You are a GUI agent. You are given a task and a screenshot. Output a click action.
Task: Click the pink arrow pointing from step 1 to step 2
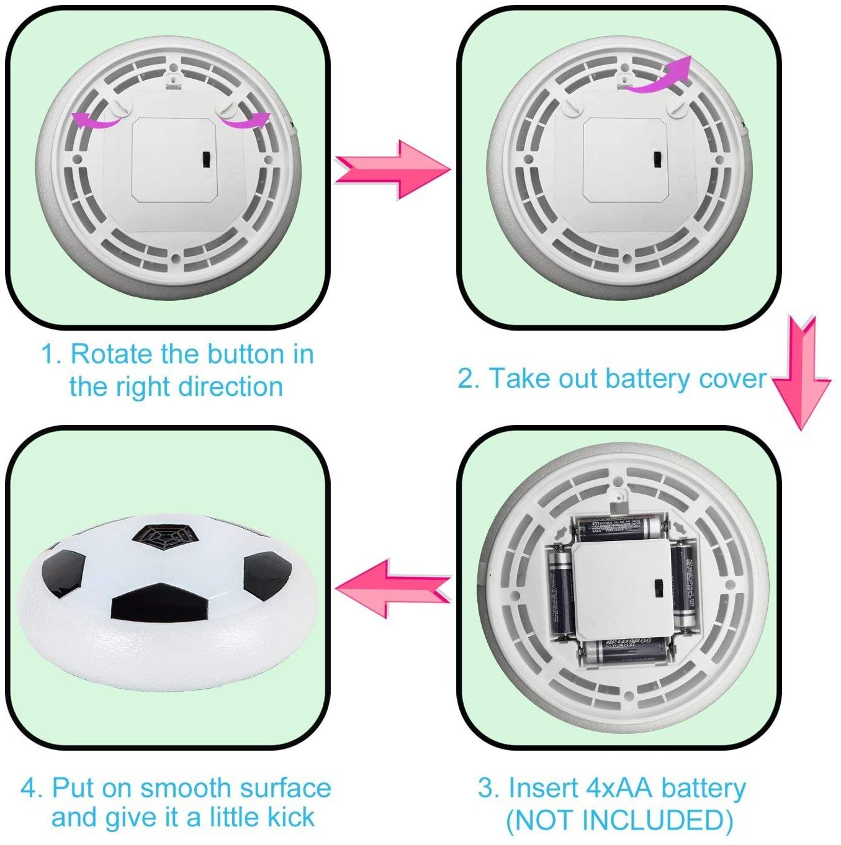click(392, 169)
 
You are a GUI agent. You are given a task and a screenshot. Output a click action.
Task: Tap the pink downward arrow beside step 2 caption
click(801, 372)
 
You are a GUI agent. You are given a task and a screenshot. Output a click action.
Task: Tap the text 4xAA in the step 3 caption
click(619, 788)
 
